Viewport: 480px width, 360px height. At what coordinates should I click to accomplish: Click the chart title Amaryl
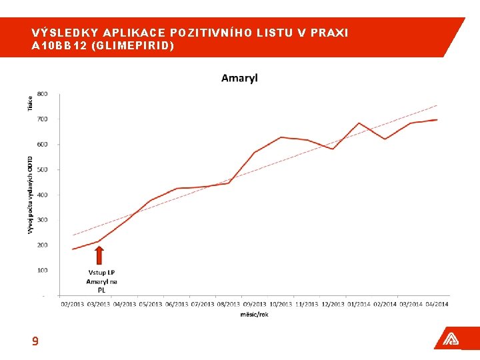coord(239,78)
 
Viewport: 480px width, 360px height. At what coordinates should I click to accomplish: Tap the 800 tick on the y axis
coord(42,93)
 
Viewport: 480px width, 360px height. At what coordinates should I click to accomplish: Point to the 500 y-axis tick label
coord(42,169)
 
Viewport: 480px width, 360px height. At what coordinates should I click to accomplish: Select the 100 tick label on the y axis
coord(42,270)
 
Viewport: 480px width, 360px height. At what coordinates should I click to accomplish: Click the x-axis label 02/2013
coord(73,304)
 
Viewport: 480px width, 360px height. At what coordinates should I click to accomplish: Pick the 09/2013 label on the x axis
coord(254,304)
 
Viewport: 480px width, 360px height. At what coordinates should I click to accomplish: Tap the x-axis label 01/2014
coord(358,304)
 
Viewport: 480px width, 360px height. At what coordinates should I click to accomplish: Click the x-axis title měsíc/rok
coord(254,315)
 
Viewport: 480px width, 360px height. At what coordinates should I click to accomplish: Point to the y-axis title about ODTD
coord(30,195)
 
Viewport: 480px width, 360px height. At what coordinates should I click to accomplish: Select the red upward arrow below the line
coord(99,255)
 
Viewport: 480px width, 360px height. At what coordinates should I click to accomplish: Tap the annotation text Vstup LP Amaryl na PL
coord(101,281)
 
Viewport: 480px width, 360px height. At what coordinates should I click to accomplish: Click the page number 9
coord(35,341)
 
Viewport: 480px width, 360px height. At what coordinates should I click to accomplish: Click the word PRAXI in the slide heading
coord(329,33)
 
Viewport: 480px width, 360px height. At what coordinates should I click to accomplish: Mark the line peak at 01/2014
coord(359,123)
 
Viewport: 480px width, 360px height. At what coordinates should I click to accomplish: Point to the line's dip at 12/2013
coord(333,149)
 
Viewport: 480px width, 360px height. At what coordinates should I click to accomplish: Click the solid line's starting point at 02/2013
coord(73,249)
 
